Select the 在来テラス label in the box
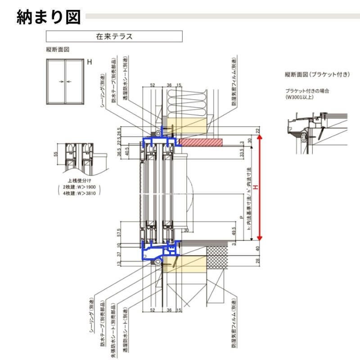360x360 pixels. (x=114, y=36)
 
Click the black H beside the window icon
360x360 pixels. (x=90, y=63)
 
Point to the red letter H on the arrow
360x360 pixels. (x=255, y=187)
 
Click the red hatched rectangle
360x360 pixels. (x=201, y=143)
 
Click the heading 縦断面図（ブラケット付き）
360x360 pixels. (x=317, y=74)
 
